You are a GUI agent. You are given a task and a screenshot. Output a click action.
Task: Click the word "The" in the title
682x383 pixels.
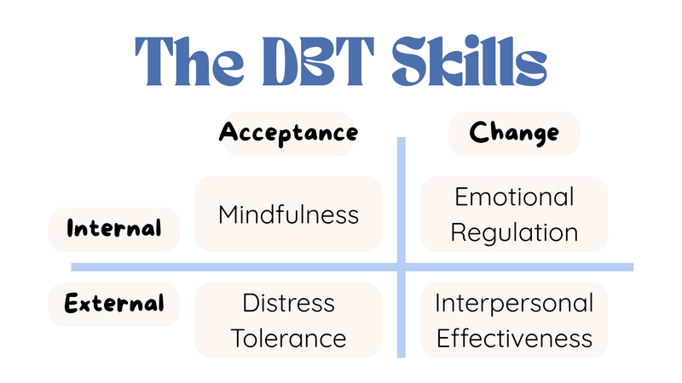tap(189, 60)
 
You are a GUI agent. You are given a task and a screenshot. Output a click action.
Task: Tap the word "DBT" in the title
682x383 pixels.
tap(318, 61)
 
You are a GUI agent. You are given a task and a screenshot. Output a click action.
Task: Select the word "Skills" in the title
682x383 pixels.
tap(470, 60)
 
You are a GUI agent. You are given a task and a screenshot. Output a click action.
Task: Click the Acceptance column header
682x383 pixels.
tap(288, 134)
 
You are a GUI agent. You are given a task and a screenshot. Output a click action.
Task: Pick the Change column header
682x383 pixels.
tap(514, 134)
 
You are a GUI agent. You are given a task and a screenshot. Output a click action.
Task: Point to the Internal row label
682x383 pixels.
tap(114, 229)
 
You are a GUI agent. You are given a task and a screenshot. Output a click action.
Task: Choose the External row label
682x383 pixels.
tap(114, 304)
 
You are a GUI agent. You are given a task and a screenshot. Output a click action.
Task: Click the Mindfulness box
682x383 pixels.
tap(288, 214)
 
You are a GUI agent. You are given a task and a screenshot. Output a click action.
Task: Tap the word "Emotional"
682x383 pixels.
tap(515, 197)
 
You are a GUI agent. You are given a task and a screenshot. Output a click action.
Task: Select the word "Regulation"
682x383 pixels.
tap(514, 233)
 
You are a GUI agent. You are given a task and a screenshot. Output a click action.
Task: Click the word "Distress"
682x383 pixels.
tap(289, 303)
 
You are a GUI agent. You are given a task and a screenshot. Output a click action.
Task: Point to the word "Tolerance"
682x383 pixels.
tap(288, 339)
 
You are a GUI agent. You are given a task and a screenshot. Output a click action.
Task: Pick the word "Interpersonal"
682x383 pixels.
tap(514, 304)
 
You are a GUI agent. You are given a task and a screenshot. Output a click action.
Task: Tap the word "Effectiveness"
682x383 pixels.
tap(514, 338)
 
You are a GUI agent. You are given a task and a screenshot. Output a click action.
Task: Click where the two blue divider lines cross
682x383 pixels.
tap(401, 267)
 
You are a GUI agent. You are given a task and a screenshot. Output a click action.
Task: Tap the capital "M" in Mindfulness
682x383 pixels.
tap(228, 214)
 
